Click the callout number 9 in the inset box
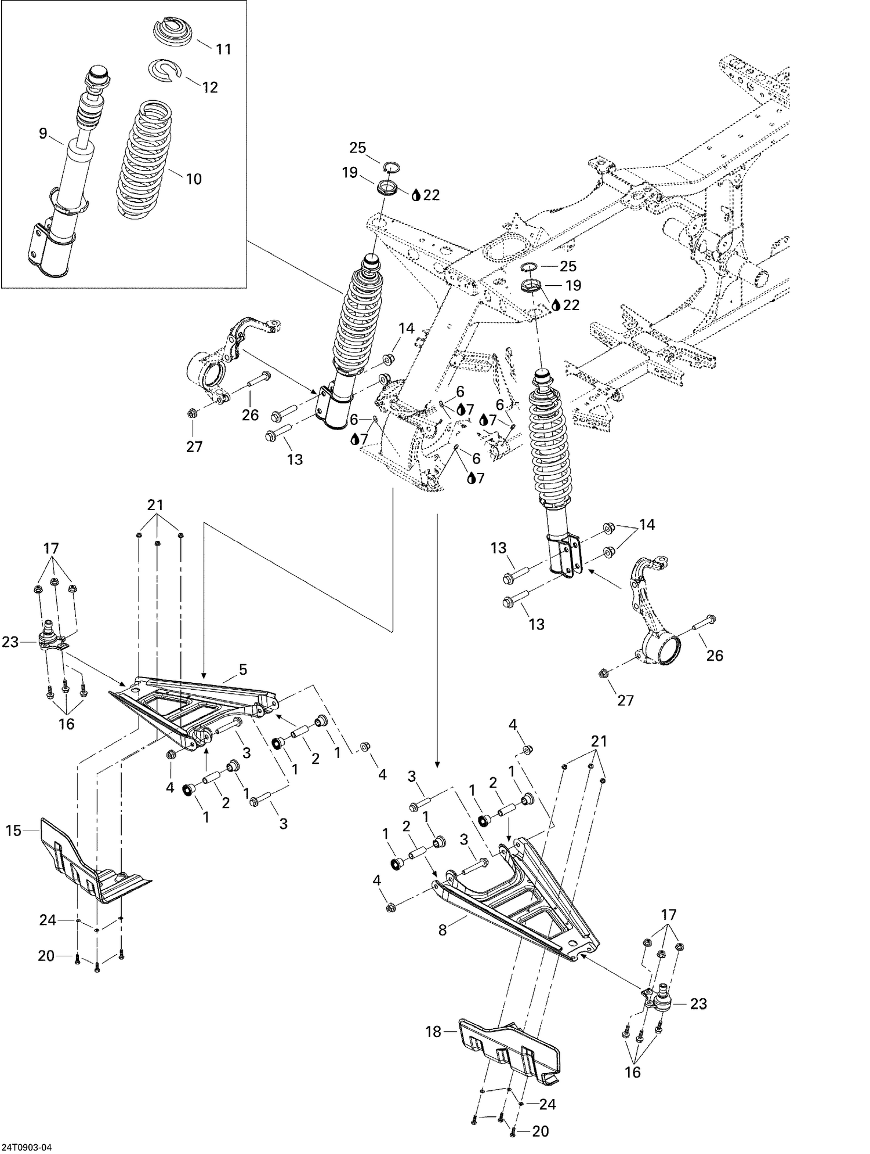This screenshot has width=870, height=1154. click(43, 133)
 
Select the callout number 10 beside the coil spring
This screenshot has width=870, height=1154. click(194, 179)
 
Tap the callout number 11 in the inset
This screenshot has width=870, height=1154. click(223, 50)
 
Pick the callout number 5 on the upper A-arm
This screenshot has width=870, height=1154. click(243, 670)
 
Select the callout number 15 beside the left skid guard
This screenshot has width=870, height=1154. click(13, 831)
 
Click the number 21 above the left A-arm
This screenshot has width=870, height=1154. click(155, 505)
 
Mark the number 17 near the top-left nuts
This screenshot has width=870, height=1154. click(50, 548)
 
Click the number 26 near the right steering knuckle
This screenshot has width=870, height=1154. click(715, 656)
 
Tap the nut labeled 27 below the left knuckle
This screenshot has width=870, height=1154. click(191, 414)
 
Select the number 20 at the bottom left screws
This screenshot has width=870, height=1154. click(46, 955)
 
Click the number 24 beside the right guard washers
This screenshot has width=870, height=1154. click(548, 1105)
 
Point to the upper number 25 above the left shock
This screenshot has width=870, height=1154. click(358, 148)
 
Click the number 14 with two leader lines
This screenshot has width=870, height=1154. click(647, 525)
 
